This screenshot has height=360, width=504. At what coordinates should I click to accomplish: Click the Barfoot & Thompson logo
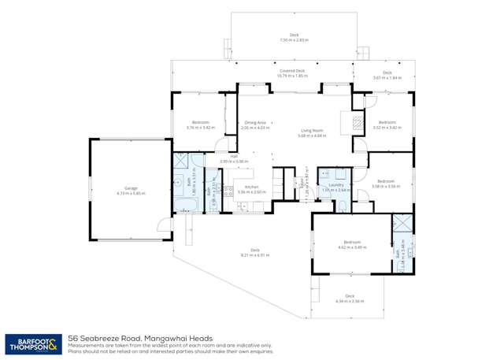32,343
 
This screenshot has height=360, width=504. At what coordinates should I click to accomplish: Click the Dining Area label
254,124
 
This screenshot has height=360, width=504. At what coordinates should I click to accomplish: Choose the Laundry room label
335,187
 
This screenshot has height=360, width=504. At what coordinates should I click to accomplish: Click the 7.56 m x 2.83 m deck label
294,37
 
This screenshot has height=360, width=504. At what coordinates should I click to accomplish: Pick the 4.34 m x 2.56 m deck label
350,299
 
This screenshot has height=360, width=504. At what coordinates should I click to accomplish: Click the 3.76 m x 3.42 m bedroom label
199,124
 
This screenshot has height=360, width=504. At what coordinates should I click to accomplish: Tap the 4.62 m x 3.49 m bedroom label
351,244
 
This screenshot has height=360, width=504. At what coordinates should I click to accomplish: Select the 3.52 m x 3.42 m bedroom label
387,124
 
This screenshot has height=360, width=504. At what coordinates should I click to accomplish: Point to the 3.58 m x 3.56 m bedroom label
387,184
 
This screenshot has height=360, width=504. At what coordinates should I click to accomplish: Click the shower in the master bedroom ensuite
402,223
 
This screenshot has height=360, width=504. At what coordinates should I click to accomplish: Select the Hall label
234,158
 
